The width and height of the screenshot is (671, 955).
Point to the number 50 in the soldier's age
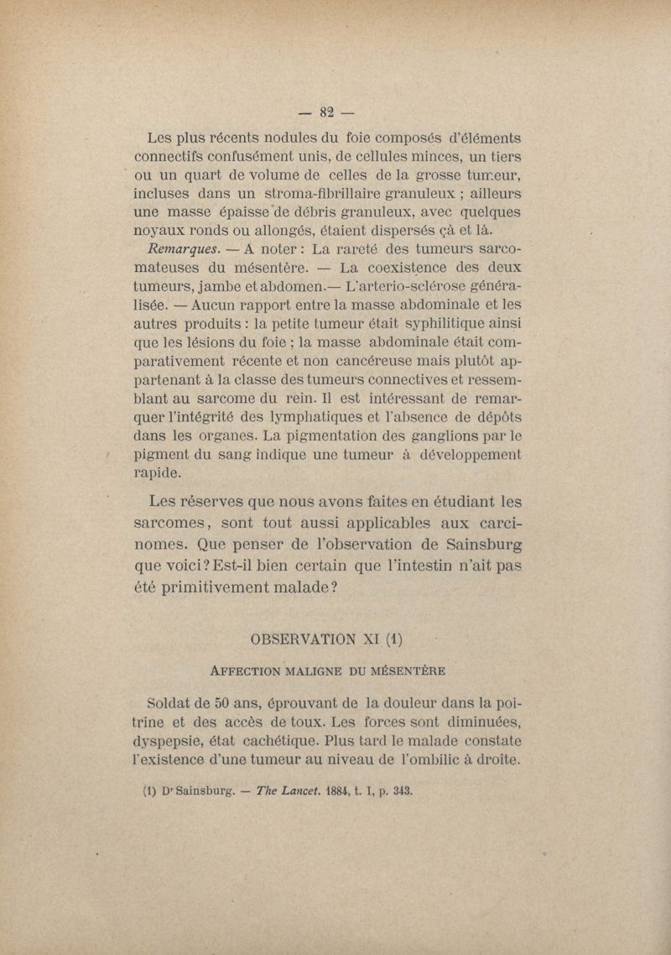223,702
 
